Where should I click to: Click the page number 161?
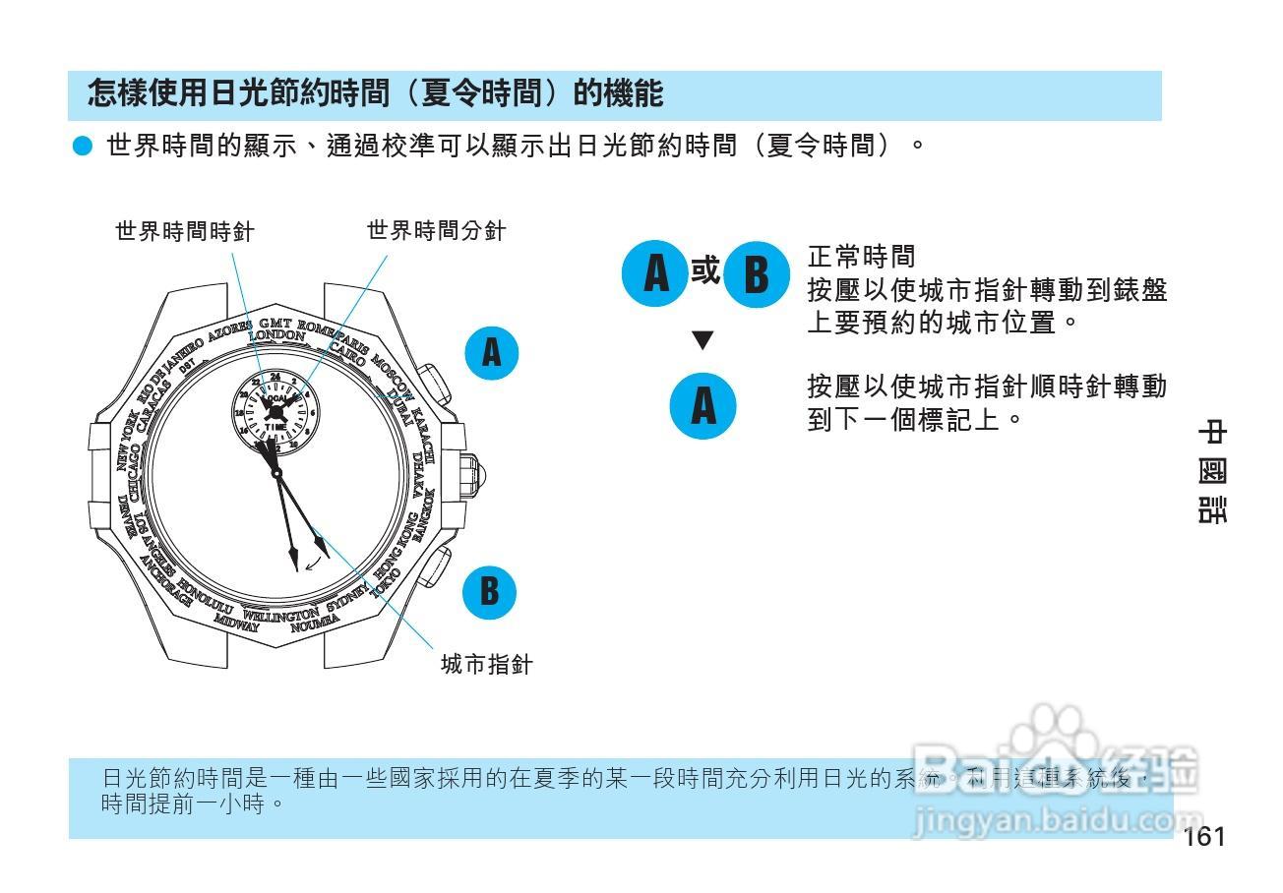1204,837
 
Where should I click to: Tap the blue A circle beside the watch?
492,352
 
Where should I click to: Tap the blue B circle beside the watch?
490,592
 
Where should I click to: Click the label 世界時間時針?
185,231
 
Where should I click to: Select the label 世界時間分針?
437,231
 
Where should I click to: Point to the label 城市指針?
487,665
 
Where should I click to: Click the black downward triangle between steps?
703,341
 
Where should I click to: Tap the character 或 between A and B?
704,270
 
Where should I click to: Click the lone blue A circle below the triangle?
703,405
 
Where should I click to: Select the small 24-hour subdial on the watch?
275,412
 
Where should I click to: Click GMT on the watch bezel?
275,323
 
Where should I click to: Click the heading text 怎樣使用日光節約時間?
374,94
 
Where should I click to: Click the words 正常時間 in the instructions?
861,258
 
